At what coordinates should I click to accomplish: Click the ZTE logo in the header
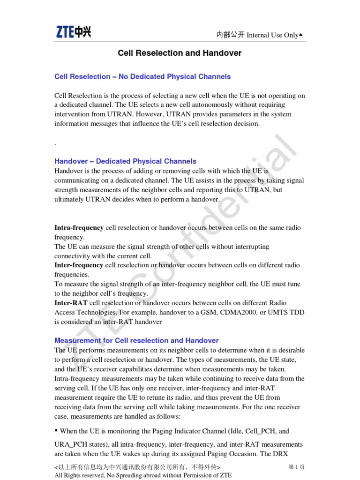[x=74, y=32]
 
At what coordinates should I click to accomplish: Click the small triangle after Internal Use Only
[x=300, y=35]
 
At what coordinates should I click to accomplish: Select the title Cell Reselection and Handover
[x=180, y=53]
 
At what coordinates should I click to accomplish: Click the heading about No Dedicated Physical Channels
[x=142, y=76]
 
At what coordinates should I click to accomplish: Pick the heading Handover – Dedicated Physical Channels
[x=125, y=161]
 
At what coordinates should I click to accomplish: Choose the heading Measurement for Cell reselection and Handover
[x=136, y=341]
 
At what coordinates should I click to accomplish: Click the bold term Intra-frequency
[x=79, y=228]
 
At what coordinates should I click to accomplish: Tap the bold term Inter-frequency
[x=79, y=265]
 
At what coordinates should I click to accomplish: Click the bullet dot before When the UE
[x=56, y=430]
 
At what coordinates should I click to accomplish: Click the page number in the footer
[x=296, y=467]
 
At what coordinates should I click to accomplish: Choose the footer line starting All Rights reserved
[x=143, y=475]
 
